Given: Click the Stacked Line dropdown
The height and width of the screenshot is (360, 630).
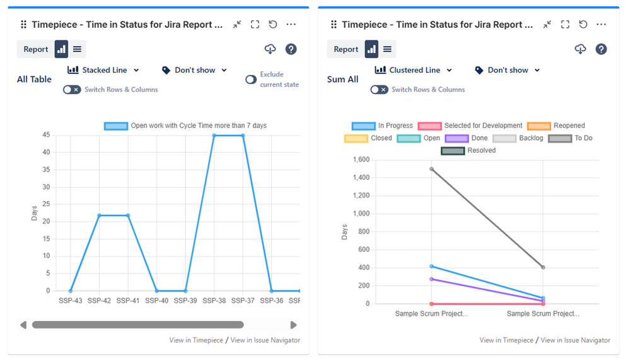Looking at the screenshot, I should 103,71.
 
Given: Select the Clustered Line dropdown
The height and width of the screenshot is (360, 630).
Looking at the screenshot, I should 414,71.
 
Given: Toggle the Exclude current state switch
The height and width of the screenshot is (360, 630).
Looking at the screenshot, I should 251,79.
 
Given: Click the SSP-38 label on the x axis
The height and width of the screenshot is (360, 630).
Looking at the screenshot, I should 214,301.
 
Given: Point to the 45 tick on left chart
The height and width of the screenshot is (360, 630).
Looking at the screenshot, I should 46,135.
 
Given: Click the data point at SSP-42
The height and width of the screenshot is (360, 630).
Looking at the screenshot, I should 100,216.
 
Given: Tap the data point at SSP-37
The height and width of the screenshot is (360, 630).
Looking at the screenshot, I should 243,136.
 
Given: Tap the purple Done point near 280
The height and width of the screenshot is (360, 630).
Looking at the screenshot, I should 431,279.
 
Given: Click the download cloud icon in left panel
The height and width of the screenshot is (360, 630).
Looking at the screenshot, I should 270,49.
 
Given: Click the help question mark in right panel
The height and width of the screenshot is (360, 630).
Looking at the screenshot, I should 601,49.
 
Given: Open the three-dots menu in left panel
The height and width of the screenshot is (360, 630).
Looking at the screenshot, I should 291,25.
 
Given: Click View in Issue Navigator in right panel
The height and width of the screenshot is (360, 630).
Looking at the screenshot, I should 575,340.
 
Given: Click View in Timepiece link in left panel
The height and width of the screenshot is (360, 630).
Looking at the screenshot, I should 196,340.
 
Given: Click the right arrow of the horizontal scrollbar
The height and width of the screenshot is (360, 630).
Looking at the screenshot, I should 293,325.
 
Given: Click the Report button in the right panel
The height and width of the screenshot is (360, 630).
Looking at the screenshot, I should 346,49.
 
